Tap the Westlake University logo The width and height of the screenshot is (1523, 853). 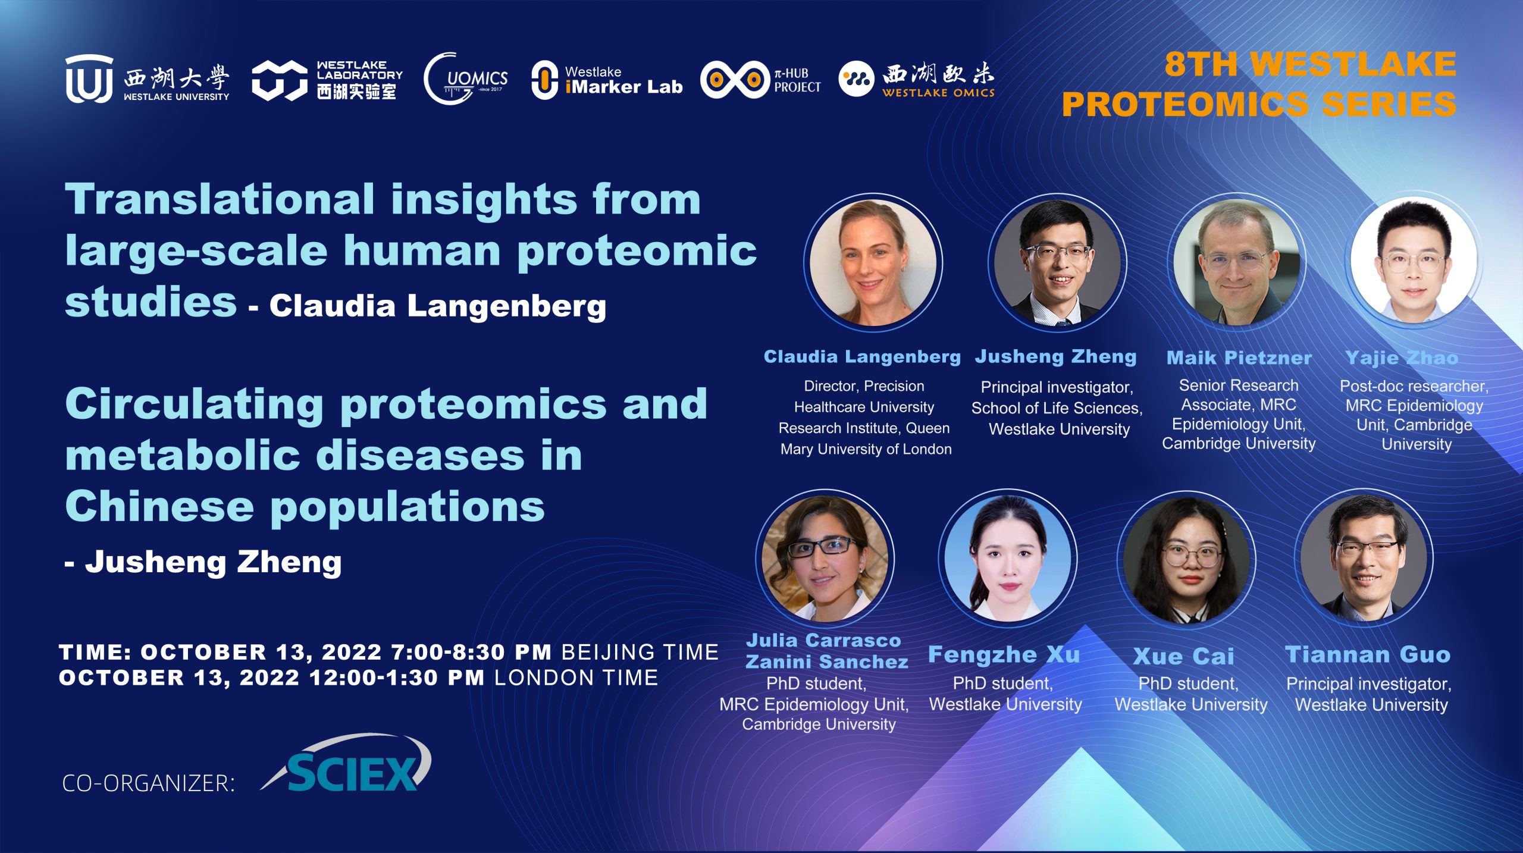tap(147, 79)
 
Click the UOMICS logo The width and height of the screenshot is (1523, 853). tap(466, 79)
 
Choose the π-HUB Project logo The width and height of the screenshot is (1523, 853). tap(761, 80)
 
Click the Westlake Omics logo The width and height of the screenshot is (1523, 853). tap(917, 79)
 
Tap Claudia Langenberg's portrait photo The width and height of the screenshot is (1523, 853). tap(873, 262)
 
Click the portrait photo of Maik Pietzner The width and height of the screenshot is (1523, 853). tap(1237, 262)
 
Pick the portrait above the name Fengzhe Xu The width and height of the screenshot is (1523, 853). tap(1008, 559)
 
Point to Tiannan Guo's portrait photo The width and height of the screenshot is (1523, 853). tap(1364, 559)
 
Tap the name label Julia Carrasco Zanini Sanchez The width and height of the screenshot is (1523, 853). tap(826, 651)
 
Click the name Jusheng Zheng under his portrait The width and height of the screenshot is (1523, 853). tap(1056, 356)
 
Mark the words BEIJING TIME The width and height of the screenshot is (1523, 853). tap(640, 653)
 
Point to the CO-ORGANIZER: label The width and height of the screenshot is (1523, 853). tap(149, 783)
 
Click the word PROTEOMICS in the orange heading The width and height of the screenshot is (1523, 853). tap(1185, 104)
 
